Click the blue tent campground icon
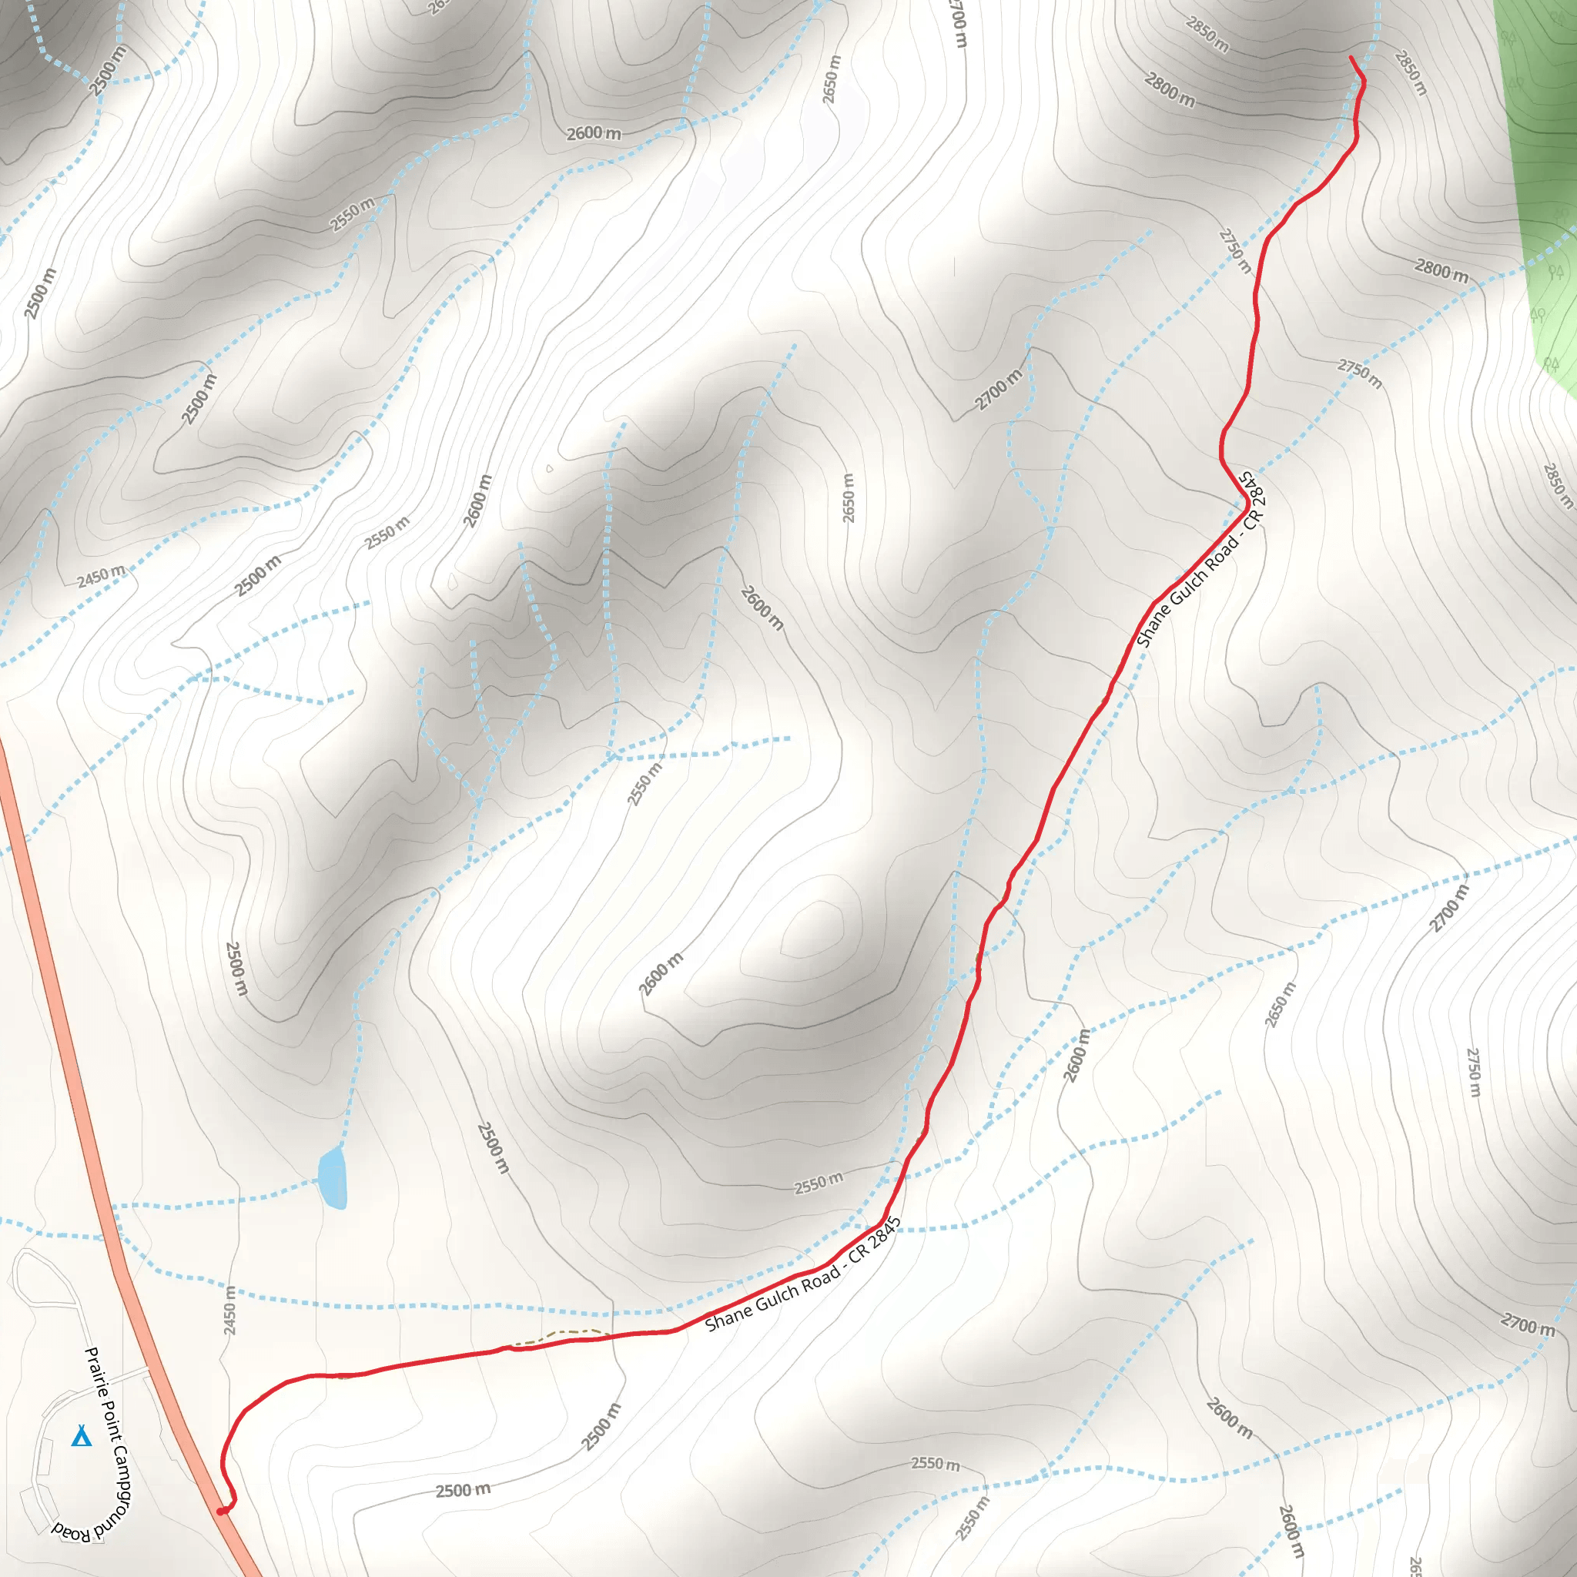coord(81,1436)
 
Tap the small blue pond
coord(333,1179)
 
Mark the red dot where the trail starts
coord(220,1512)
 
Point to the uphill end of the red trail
coord(1351,57)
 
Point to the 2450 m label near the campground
coord(230,1310)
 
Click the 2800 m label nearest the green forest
coord(1441,270)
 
